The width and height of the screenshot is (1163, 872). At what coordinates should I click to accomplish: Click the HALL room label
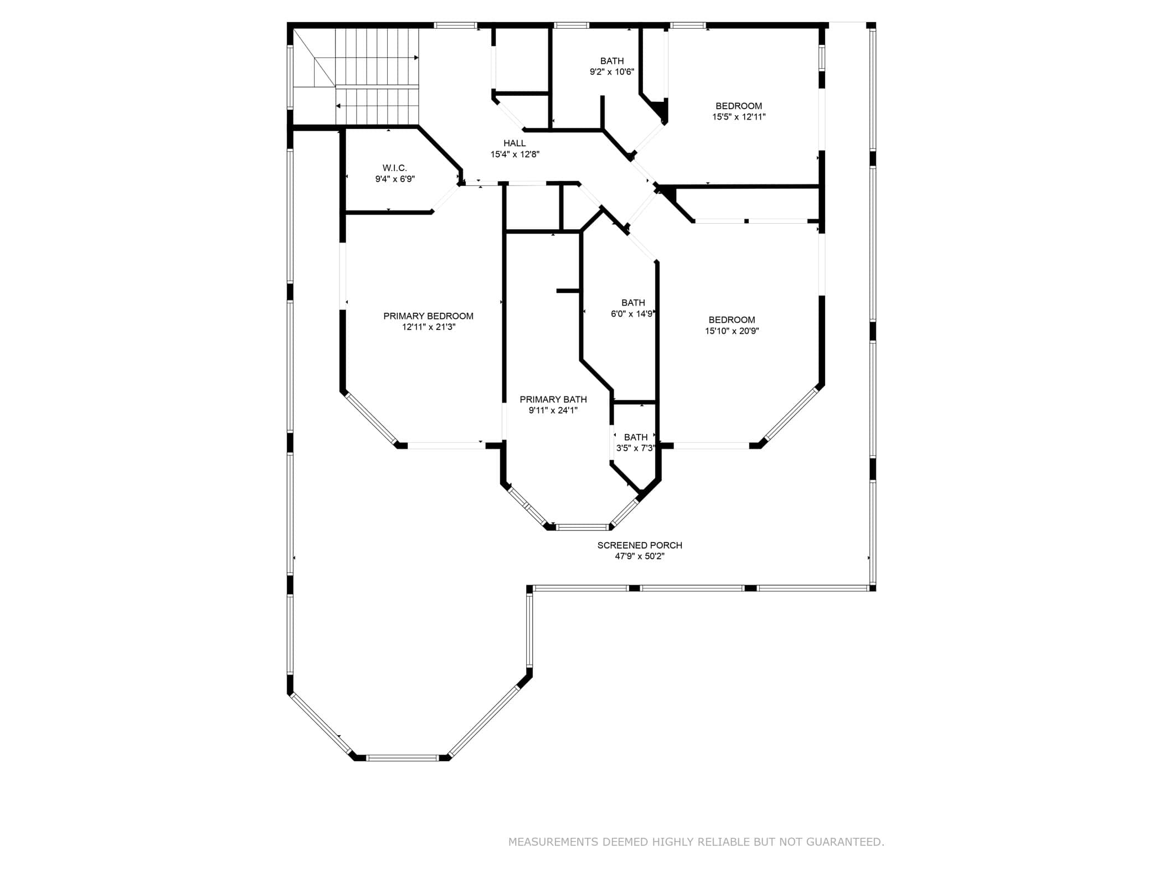[514, 143]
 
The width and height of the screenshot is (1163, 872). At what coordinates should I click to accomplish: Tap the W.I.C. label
[394, 168]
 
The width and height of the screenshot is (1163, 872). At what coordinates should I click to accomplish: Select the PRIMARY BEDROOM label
[428, 316]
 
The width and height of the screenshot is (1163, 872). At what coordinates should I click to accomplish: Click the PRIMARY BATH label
[553, 399]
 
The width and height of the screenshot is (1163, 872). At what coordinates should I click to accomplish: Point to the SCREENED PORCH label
[640, 545]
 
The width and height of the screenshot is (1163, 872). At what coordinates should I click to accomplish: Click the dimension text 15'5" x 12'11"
[739, 117]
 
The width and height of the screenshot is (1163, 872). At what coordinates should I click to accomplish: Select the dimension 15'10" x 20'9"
[732, 331]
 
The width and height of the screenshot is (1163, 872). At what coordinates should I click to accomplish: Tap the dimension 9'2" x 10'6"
[611, 71]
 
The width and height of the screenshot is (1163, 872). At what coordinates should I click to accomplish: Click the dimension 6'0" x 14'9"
[632, 314]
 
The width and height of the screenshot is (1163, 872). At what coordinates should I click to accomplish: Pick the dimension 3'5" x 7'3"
[635, 448]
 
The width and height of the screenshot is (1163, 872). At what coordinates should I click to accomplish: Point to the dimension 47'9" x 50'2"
[640, 556]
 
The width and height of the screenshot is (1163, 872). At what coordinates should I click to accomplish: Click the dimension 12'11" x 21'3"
[429, 327]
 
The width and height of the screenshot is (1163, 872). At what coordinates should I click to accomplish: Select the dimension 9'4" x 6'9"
[395, 179]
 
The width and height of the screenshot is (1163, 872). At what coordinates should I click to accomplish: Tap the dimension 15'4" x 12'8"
[514, 154]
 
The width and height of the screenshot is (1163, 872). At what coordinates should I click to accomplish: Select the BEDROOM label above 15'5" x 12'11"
[739, 106]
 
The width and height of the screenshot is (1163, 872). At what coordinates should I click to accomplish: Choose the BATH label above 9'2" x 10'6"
[611, 61]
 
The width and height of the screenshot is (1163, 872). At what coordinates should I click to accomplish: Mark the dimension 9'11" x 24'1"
[553, 410]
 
